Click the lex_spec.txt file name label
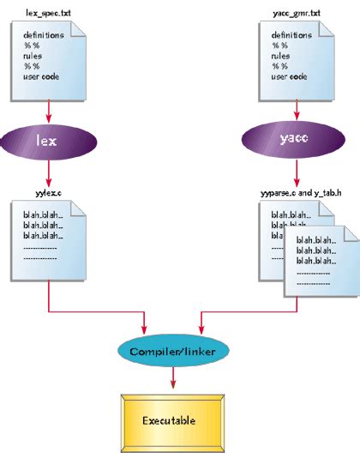pyautogui.click(x=48, y=13)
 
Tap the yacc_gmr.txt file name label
pyautogui.click(x=297, y=13)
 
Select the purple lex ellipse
pyautogui.click(x=49, y=142)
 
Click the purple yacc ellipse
pyautogui.click(x=293, y=139)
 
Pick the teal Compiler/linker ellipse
pyautogui.click(x=173, y=351)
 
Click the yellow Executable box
pyautogui.click(x=172, y=423)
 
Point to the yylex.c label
pyautogui.click(x=49, y=193)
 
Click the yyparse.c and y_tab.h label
pyautogui.click(x=301, y=193)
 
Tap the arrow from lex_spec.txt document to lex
pyautogui.click(x=49, y=112)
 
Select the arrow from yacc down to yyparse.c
pyautogui.click(x=297, y=172)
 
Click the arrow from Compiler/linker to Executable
pyautogui.click(x=173, y=377)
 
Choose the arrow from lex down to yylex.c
pyautogui.click(x=49, y=173)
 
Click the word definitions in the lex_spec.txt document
pyautogui.click(x=44, y=35)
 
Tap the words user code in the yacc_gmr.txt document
pyautogui.click(x=289, y=76)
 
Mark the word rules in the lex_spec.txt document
pyautogui.click(x=33, y=56)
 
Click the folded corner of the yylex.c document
pyautogui.click(x=78, y=208)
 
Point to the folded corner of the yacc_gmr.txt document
pyautogui.click(x=327, y=29)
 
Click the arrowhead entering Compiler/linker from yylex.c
pyautogui.click(x=144, y=330)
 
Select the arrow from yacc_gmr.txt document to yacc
pyautogui.click(x=297, y=110)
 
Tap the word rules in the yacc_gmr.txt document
pyautogui.click(x=280, y=56)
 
